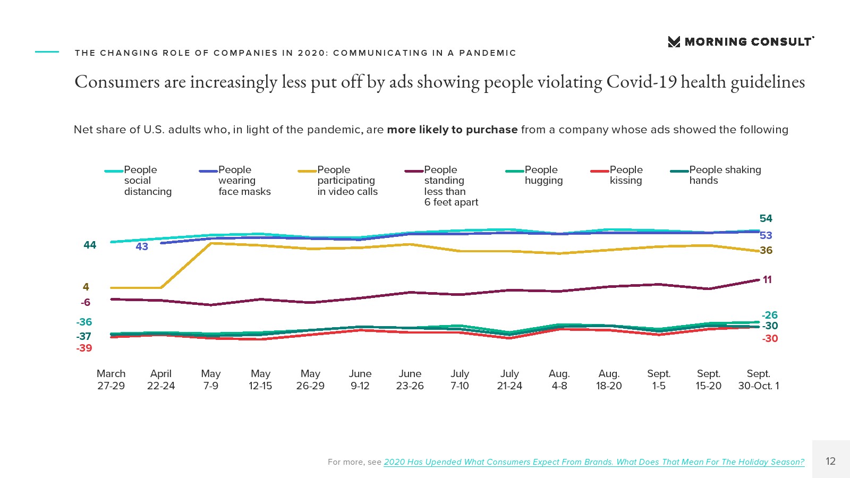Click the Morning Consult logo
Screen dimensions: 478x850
pos(741,41)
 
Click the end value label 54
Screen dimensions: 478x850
pos(766,218)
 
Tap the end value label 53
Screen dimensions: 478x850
pos(766,235)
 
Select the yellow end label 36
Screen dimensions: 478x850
pos(766,250)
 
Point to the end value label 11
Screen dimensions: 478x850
pos(767,279)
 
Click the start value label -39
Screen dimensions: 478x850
pos(84,348)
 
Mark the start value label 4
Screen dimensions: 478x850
pos(86,287)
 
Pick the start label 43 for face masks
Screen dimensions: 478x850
pos(142,246)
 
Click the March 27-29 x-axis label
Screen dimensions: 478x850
pos(111,380)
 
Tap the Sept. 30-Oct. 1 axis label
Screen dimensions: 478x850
pos(758,380)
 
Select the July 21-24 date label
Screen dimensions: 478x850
pos(509,380)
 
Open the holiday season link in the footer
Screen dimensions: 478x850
pos(594,462)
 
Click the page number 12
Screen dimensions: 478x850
pos(830,461)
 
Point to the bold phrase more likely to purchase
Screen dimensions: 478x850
pos(452,130)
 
